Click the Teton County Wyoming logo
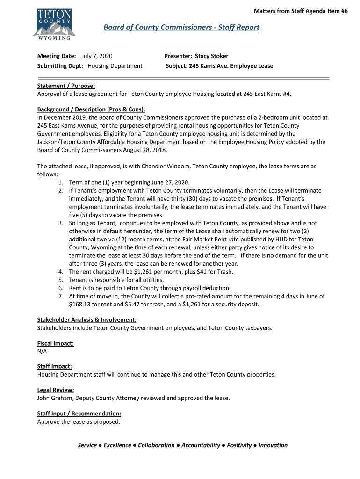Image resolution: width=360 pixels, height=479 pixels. [x=52, y=23]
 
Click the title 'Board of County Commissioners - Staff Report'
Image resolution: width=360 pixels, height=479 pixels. [x=181, y=28]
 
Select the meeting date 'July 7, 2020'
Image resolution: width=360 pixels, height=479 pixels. [x=97, y=56]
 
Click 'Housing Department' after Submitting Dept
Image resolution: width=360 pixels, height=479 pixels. [x=115, y=66]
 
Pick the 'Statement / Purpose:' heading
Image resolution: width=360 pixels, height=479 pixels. [x=66, y=86]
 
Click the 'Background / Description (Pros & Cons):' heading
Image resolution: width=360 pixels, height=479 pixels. [x=91, y=109]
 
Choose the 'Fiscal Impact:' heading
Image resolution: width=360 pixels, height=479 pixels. [x=55, y=343]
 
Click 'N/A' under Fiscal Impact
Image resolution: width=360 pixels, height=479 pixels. [x=42, y=351]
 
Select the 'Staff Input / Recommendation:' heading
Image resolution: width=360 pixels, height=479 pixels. [x=79, y=414]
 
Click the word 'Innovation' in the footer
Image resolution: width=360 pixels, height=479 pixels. [x=273, y=445]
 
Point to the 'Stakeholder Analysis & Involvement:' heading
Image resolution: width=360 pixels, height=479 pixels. [x=86, y=320]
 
